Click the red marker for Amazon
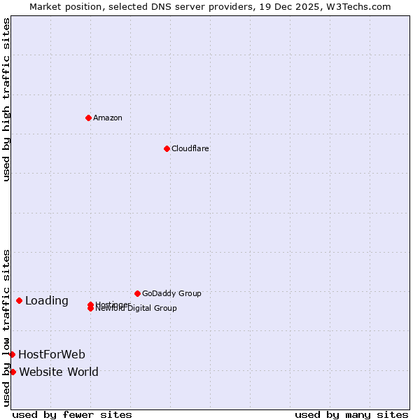(88, 118)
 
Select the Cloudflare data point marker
(167, 148)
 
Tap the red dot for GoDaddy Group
(137, 293)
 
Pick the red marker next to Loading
(19, 301)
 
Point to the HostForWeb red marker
(12, 354)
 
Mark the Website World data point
(13, 372)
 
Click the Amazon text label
(108, 118)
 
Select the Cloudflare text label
(190, 148)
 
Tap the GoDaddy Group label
(171, 293)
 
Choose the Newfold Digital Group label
(137, 309)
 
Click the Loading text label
(47, 301)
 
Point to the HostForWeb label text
(52, 354)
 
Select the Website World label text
(59, 372)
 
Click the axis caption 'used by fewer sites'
(72, 414)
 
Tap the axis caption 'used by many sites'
(351, 414)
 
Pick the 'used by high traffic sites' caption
(6, 99)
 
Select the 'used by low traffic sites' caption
(6, 328)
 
